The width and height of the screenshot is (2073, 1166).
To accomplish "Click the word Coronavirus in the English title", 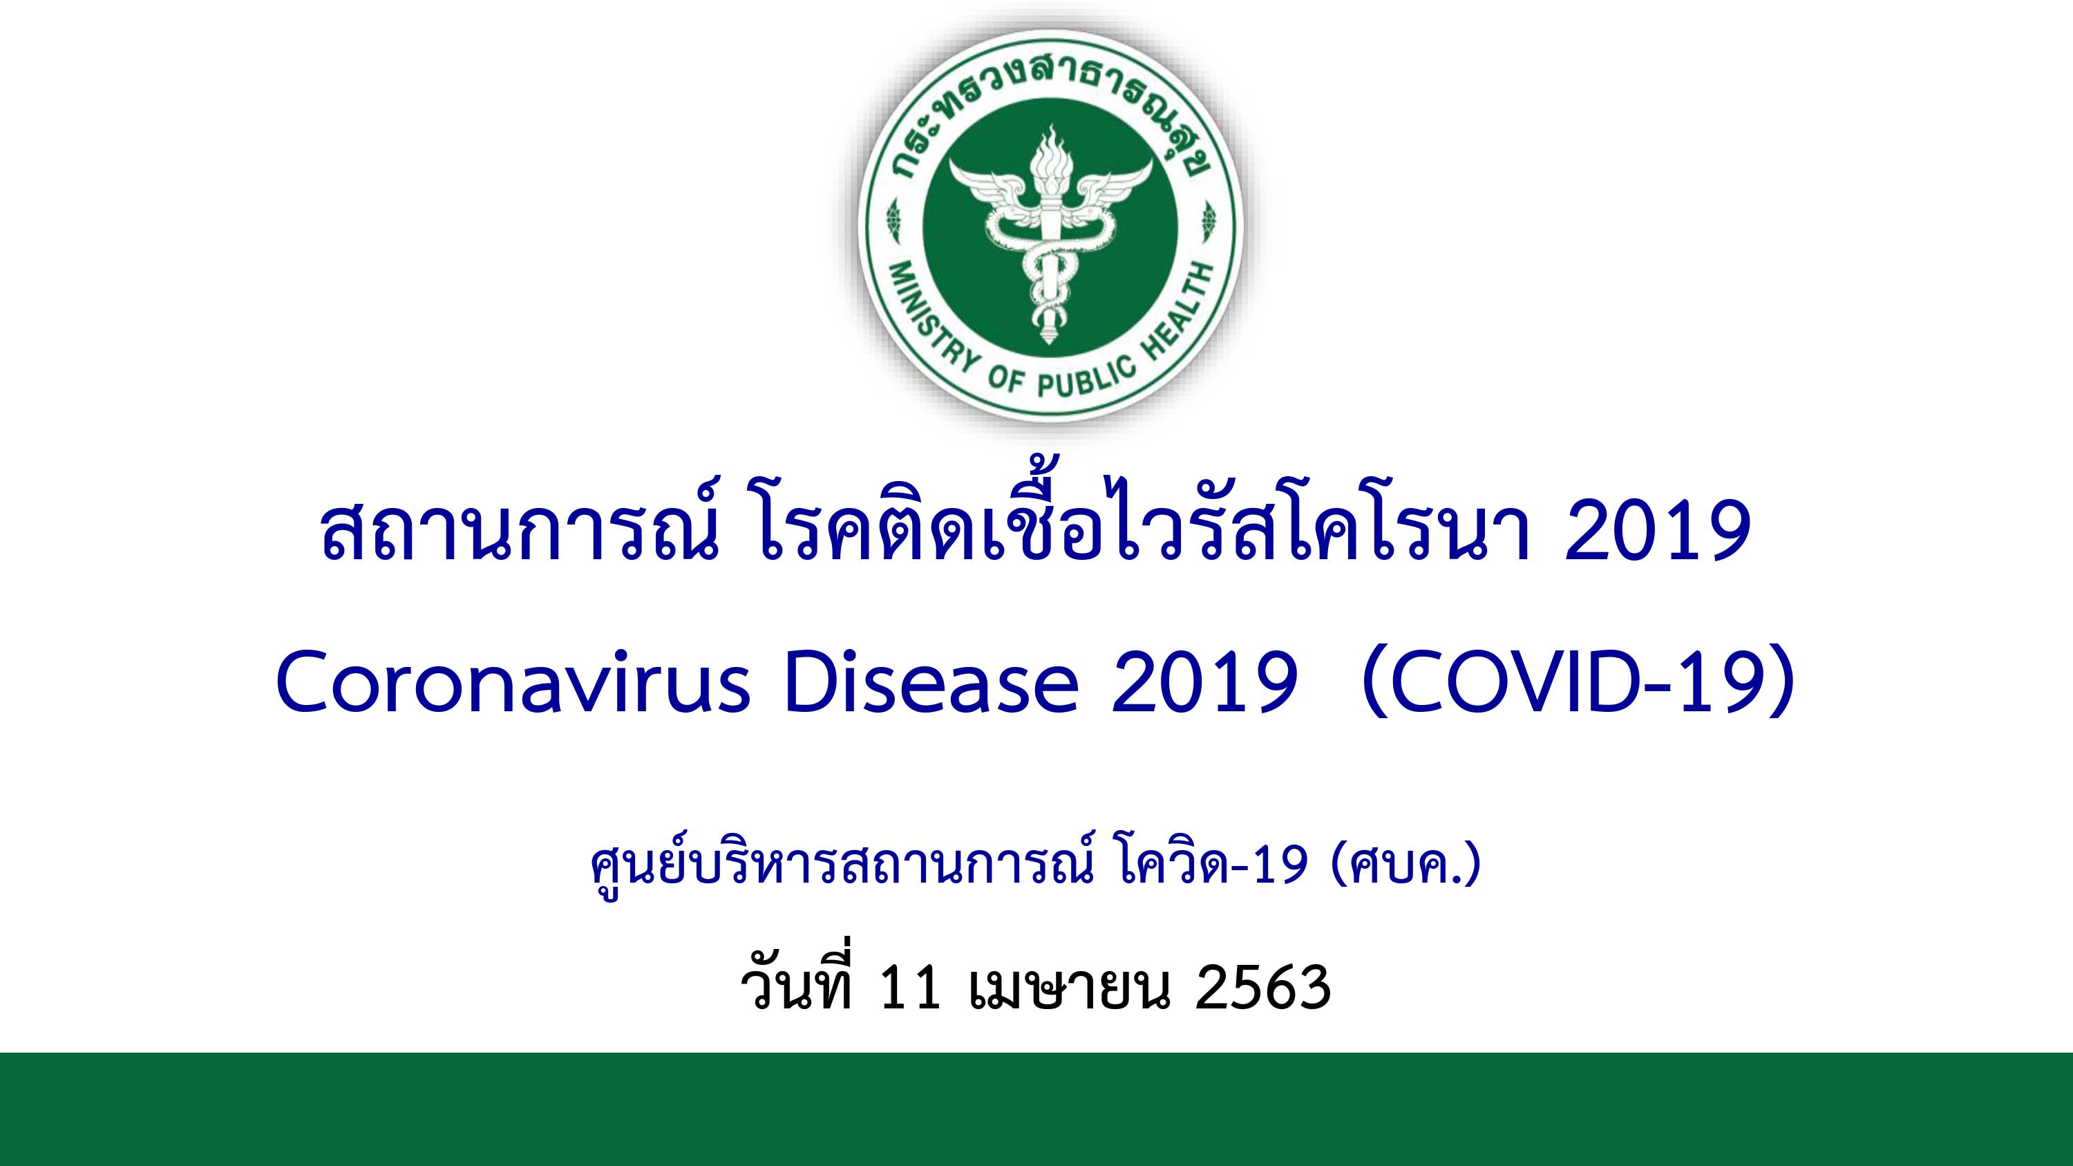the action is point(513,682).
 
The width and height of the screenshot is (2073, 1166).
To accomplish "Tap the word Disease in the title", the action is point(931,682).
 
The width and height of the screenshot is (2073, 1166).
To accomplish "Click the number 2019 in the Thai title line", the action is point(1658,531).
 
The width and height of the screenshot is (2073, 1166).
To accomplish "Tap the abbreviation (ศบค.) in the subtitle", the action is point(1407,866).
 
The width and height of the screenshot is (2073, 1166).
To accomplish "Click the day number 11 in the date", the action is point(910,988).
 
